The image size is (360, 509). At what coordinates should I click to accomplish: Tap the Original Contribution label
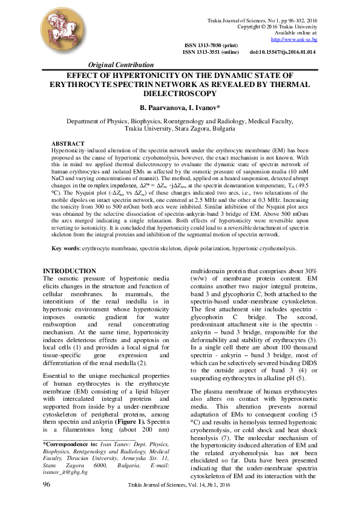click(x=121, y=65)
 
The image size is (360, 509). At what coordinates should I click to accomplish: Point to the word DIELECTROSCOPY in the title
click(x=180, y=94)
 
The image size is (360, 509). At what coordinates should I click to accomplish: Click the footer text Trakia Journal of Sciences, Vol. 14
click(x=172, y=485)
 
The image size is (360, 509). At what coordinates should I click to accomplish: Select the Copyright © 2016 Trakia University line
click(x=278, y=27)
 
